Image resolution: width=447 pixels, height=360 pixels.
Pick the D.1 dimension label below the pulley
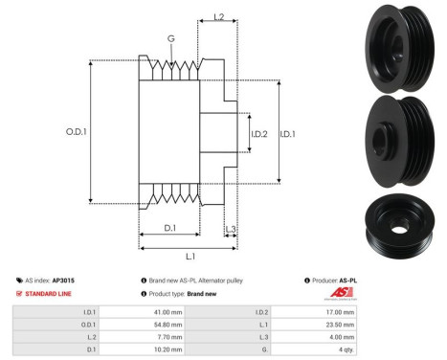169,226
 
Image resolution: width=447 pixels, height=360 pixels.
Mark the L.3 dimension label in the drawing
231,228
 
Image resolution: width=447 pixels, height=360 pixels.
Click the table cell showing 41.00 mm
169,312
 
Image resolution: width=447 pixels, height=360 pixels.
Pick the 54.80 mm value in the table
169,326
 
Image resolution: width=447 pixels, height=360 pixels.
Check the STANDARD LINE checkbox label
47,294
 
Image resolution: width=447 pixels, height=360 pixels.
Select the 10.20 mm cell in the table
169,351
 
